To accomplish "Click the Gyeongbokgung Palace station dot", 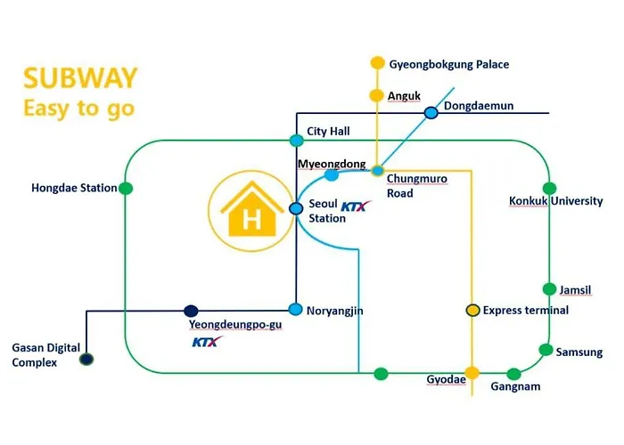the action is click(x=377, y=63).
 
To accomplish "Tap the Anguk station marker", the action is click(x=376, y=95).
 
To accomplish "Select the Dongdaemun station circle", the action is click(x=431, y=113).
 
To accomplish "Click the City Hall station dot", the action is click(x=297, y=141).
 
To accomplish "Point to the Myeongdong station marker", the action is click(x=332, y=174).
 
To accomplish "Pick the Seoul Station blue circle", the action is click(x=296, y=208).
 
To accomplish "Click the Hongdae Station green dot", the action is click(x=126, y=188).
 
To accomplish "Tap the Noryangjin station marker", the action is click(x=295, y=309).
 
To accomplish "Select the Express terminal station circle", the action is click(x=472, y=310).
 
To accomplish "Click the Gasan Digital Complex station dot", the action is click(x=86, y=360).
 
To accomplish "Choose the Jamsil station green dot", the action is click(x=550, y=289).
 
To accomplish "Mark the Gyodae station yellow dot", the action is click(x=472, y=373).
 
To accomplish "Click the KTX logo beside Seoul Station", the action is click(x=357, y=206).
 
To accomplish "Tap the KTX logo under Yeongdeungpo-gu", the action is click(x=207, y=342).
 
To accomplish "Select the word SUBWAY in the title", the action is click(x=80, y=78).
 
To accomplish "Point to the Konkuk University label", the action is click(x=556, y=200).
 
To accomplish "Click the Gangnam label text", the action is click(x=515, y=386).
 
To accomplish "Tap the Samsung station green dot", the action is click(x=546, y=350).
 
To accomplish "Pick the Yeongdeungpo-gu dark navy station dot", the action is click(x=191, y=311).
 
